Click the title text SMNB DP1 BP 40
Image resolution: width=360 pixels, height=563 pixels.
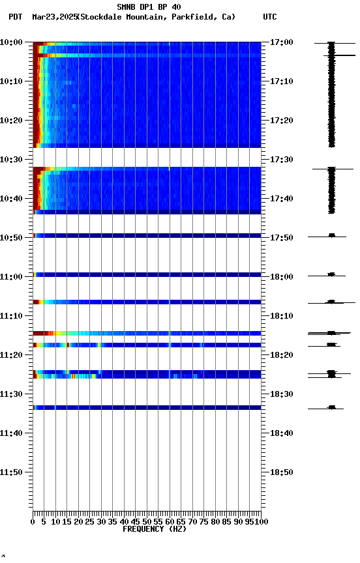coord(149,7)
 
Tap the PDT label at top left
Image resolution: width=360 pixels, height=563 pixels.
coord(16,17)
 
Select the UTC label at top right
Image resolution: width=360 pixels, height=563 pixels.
coord(269,17)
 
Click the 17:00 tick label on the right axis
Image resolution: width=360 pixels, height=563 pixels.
coord(282,42)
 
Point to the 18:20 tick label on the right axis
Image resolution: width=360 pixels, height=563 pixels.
coord(282,355)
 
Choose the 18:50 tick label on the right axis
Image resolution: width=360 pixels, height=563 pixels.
coord(282,472)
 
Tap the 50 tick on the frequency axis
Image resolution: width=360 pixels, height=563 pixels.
coord(147,522)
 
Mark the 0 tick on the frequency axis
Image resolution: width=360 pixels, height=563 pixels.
coord(33,522)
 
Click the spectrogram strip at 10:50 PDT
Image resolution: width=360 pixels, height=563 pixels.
coord(147,235)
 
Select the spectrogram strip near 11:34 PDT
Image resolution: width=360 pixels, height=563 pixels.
coord(147,407)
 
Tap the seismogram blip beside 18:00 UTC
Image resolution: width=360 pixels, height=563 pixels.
coord(331,274)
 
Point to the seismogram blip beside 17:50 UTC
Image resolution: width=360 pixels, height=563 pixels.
coord(331,235)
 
